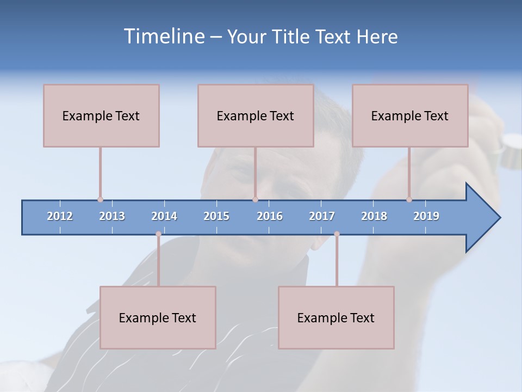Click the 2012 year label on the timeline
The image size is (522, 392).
point(60,216)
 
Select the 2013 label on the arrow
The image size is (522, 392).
point(112,216)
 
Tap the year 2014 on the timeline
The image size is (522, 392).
point(164,216)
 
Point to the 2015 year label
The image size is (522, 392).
point(216,216)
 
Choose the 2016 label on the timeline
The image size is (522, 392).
point(270,216)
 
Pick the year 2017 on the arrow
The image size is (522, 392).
point(322,216)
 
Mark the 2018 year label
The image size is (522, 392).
point(374,216)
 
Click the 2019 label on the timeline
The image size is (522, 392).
point(426,216)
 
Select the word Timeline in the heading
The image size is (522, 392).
point(163,36)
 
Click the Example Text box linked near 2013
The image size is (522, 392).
point(101,115)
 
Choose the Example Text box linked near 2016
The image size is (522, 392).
point(256,115)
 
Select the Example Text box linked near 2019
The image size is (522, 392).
point(410,115)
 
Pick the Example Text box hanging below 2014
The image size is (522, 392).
point(158,317)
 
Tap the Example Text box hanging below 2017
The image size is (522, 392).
point(336,317)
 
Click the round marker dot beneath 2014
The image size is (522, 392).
point(158,234)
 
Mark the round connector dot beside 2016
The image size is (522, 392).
point(255,200)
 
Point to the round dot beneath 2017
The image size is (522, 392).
point(337,234)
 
